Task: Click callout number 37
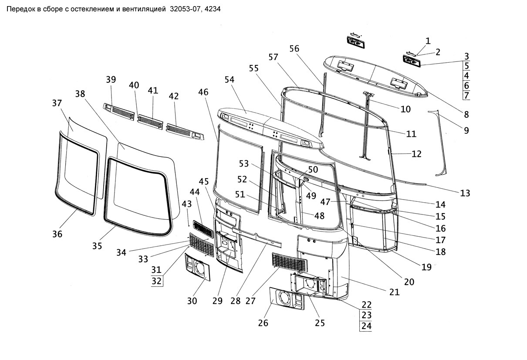pyautogui.click(x=57, y=103)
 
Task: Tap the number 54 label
pyautogui.click(x=230, y=80)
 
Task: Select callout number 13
pyautogui.click(x=465, y=193)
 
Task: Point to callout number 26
pyautogui.click(x=263, y=323)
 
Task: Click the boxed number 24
pyautogui.click(x=367, y=326)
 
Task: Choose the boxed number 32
pyautogui.click(x=156, y=281)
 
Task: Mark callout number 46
pyautogui.click(x=203, y=92)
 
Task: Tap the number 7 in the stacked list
pyautogui.click(x=466, y=95)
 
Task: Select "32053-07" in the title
pyautogui.click(x=186, y=9)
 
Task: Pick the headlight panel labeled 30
pyautogui.click(x=197, y=267)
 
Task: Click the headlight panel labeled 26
pyautogui.click(x=287, y=299)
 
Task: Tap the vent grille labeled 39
pyautogui.click(x=119, y=112)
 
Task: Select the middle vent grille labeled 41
pyautogui.click(x=150, y=122)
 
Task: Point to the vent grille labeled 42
pyautogui.click(x=185, y=132)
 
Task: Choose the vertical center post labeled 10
pyautogui.click(x=367, y=126)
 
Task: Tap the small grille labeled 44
pyautogui.click(x=203, y=229)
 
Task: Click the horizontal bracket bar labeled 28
pyautogui.click(x=257, y=238)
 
